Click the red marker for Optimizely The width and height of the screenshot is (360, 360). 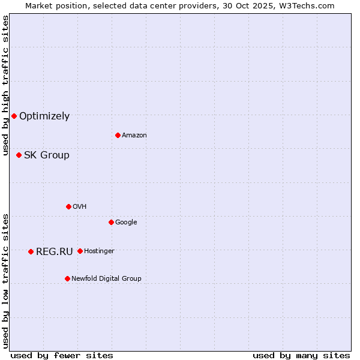pyautogui.click(x=14, y=116)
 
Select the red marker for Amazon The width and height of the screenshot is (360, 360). pyautogui.click(x=118, y=135)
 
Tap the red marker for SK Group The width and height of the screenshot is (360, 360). pyautogui.click(x=19, y=155)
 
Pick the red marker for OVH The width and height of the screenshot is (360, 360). pyautogui.click(x=68, y=206)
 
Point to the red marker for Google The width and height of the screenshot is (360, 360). pyautogui.click(x=111, y=222)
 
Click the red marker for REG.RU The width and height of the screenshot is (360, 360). pyautogui.click(x=31, y=251)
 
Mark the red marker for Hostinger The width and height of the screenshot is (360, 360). pyautogui.click(x=80, y=251)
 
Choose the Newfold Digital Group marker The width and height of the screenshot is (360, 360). pyautogui.click(x=67, y=278)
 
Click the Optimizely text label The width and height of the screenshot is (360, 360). pyautogui.click(x=44, y=116)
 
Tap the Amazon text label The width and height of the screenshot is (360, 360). pyautogui.click(x=134, y=135)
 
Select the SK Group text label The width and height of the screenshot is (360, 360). pyautogui.click(x=47, y=155)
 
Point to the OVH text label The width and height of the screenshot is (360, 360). pyautogui.click(x=80, y=206)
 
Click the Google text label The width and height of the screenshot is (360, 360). pyautogui.click(x=126, y=222)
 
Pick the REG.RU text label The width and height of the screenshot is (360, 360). pyautogui.click(x=54, y=251)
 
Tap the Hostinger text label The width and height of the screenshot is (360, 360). pyautogui.click(x=99, y=251)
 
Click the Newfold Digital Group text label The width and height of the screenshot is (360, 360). pyautogui.click(x=106, y=278)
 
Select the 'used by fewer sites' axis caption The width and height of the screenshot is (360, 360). pyautogui.click(x=62, y=355)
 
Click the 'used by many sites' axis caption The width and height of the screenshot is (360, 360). pyautogui.click(x=301, y=355)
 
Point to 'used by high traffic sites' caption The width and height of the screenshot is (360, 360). pyautogui.click(x=5, y=86)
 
